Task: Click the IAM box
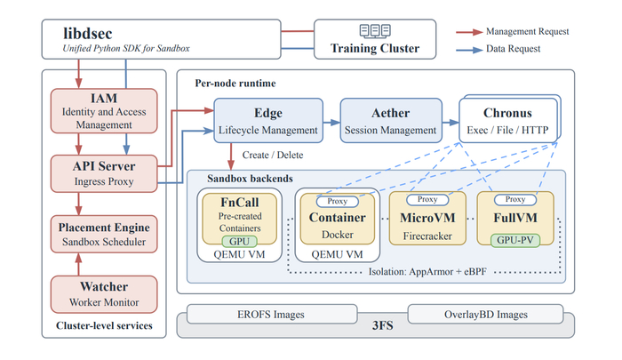pos(104,111)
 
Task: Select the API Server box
pos(104,173)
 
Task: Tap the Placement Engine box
pos(104,234)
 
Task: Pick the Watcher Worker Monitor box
pos(104,294)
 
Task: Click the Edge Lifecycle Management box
pos(268,121)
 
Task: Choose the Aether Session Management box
pos(391,121)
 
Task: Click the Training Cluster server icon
pos(375,30)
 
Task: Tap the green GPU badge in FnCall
pos(239,241)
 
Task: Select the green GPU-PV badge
pos(515,240)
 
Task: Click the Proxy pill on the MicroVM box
pos(427,199)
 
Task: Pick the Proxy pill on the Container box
pos(337,201)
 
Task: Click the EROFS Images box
pos(272,315)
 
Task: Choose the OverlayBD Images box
pos(485,315)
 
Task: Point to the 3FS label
pos(382,326)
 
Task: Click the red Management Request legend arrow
pos(469,32)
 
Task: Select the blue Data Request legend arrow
pos(469,50)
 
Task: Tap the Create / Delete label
pos(273,155)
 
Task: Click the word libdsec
pos(88,34)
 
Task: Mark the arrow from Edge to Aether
pos(331,123)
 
